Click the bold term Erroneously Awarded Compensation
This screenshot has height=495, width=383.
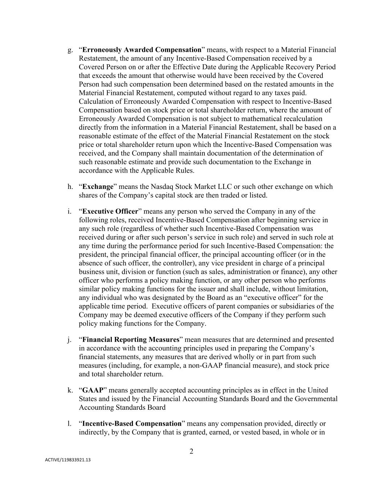tap(142, 50)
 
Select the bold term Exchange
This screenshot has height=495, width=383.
tap(98, 187)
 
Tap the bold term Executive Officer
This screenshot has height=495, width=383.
tap(110, 211)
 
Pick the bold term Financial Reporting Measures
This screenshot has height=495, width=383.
tap(131, 340)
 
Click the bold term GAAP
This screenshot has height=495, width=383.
tap(93, 391)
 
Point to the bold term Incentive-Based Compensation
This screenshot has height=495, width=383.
tap(132, 424)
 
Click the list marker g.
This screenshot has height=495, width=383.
tap(70, 50)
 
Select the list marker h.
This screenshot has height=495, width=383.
tap(70, 187)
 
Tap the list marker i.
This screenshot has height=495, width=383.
tap(69, 211)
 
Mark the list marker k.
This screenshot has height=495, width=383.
tap(70, 391)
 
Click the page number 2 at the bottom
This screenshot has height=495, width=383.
tap(191, 451)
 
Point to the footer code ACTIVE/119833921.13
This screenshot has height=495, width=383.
tap(68, 460)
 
